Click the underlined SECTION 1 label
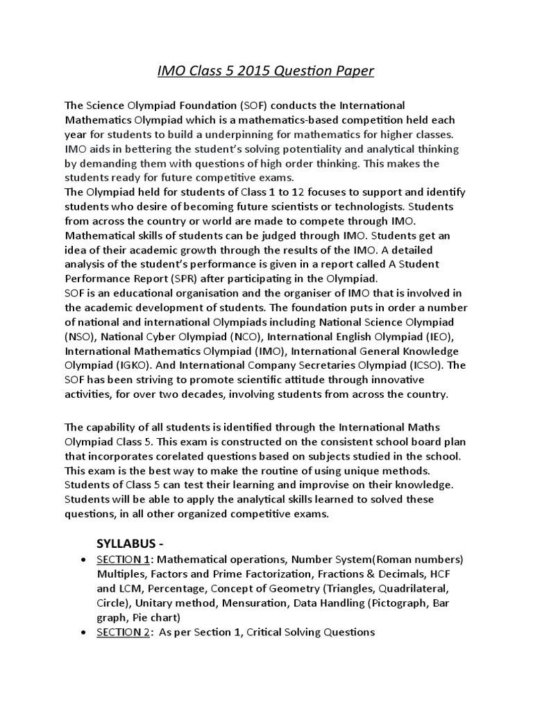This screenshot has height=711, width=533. [121, 560]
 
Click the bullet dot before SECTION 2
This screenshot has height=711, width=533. [84, 633]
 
